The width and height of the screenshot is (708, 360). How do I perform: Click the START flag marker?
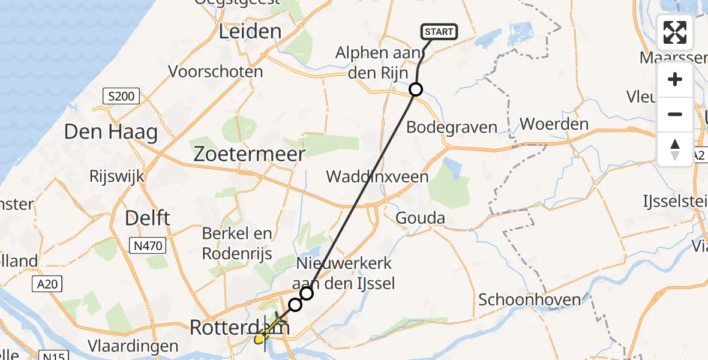click(440, 32)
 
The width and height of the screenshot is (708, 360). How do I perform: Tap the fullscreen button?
click(675, 32)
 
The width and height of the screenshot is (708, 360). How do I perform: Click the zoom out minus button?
click(675, 114)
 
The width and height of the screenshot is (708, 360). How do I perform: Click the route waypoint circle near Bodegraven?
click(416, 90)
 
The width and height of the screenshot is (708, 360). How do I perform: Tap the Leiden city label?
click(250, 31)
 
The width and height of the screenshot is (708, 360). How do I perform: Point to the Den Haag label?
click(110, 132)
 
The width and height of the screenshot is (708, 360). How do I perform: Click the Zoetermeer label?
click(249, 154)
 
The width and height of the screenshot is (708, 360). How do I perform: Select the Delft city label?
click(147, 218)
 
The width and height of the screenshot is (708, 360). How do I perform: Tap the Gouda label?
click(420, 218)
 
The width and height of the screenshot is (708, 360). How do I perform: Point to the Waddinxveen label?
click(377, 176)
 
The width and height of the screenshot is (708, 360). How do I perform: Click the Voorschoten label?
click(215, 71)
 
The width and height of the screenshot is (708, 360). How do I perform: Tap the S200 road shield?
click(121, 95)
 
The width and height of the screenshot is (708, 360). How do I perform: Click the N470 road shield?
click(147, 244)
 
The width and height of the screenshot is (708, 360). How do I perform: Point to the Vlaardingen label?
click(133, 346)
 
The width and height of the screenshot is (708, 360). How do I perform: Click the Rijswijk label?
click(115, 176)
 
